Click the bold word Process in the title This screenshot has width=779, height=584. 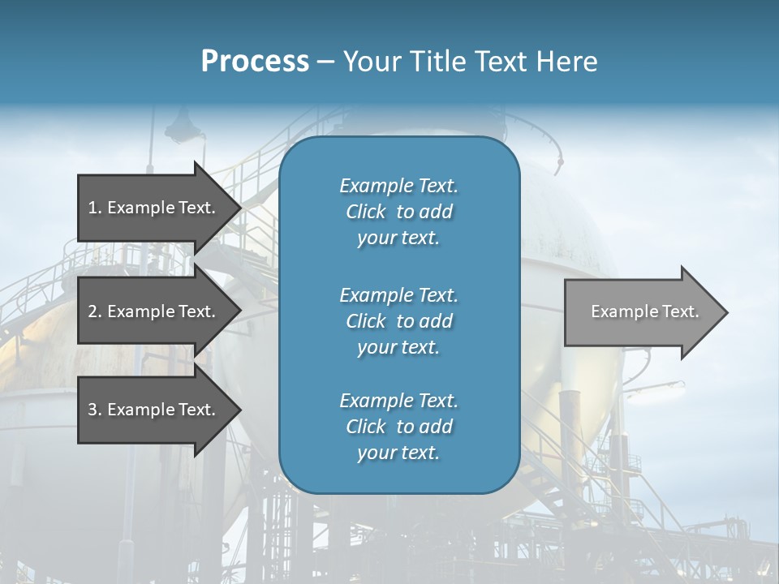click(255, 62)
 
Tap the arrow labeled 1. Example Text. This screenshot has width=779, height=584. click(154, 208)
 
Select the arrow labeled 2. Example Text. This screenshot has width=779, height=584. click(154, 311)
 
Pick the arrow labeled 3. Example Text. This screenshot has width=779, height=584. click(154, 410)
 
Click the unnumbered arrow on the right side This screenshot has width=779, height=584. click(641, 311)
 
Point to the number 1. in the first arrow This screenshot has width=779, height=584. click(95, 208)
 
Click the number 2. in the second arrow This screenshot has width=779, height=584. click(95, 311)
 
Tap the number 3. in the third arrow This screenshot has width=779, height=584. click(95, 410)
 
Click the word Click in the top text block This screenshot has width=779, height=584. click(366, 212)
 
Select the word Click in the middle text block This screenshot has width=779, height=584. click(366, 321)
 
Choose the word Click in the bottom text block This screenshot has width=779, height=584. click(366, 427)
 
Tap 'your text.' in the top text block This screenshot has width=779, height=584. click(398, 238)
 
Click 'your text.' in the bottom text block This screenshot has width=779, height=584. click(398, 453)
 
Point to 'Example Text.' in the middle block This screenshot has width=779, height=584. click(398, 294)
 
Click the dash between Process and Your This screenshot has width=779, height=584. click(325, 62)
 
